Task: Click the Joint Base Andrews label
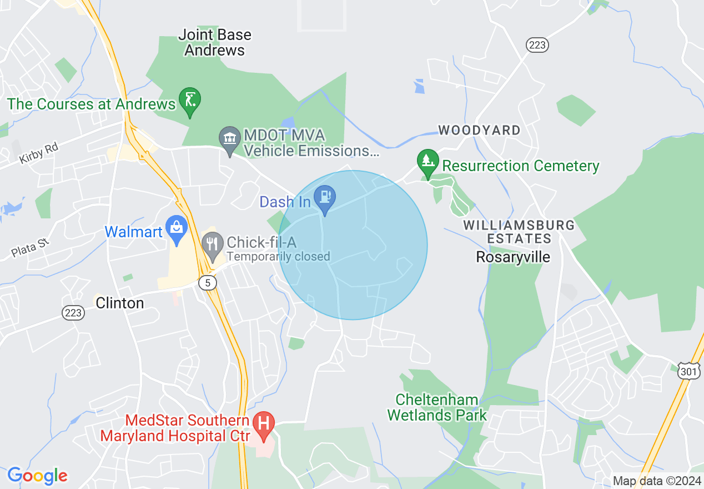point(214,42)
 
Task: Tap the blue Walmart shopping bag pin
point(177,228)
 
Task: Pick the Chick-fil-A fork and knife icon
point(212,244)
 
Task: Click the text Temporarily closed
point(278,257)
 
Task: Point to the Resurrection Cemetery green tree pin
point(427,162)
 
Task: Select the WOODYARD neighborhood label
point(480,131)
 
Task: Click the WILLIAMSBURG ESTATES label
point(519,232)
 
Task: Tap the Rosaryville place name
point(514,257)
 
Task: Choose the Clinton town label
point(120,303)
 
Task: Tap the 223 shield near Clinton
point(73,313)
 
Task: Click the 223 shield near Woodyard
point(537,45)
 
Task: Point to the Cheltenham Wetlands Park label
point(437,407)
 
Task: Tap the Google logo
point(37,476)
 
